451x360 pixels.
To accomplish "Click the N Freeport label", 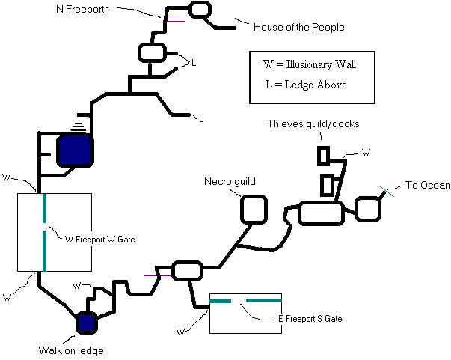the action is (x=80, y=9).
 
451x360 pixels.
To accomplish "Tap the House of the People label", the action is (x=299, y=27).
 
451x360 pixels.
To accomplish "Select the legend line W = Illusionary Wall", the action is (x=309, y=64).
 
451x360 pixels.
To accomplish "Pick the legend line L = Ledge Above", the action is (x=306, y=85).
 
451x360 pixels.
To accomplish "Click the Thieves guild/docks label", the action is (x=313, y=123).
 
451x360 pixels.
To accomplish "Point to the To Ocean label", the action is (x=427, y=185).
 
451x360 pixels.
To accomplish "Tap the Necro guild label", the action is (x=230, y=182).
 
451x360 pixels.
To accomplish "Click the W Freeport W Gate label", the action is (x=99, y=240).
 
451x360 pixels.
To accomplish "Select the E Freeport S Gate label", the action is (x=310, y=319).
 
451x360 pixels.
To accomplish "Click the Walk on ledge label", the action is (x=71, y=350).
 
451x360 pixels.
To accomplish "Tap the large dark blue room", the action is (x=75, y=150).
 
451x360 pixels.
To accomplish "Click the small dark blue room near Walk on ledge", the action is (x=86, y=323).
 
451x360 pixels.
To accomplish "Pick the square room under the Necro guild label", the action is (x=254, y=210).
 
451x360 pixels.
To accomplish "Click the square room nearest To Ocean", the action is (x=368, y=209).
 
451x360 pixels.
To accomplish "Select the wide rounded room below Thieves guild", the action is (x=321, y=213).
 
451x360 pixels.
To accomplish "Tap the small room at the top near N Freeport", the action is (x=200, y=10).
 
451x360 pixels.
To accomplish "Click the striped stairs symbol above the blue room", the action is (x=79, y=125).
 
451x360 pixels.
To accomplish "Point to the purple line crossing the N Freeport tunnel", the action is (x=165, y=21).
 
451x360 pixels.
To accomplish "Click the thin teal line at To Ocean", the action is (x=387, y=192).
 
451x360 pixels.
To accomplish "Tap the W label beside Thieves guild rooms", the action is (x=366, y=152).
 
